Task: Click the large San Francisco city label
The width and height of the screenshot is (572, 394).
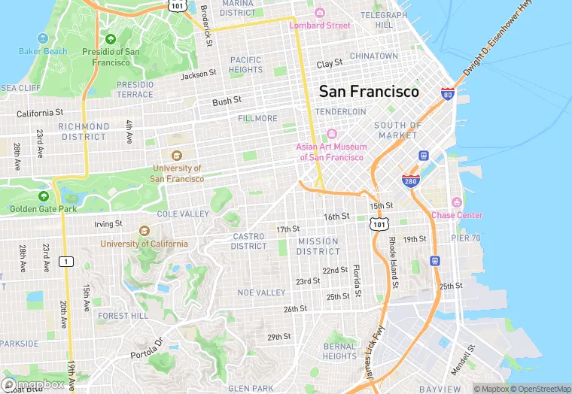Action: (369, 91)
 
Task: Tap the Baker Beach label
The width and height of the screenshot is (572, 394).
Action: (43, 52)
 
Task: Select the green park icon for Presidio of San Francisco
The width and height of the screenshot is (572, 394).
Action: (111, 39)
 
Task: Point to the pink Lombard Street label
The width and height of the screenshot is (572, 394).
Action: (320, 25)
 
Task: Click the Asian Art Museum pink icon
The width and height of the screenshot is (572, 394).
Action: (331, 133)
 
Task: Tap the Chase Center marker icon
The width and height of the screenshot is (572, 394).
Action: (456, 202)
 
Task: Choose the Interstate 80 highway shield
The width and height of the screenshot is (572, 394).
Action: (448, 95)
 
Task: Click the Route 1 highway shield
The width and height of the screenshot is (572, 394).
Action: (66, 261)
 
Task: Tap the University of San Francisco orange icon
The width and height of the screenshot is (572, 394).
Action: (177, 156)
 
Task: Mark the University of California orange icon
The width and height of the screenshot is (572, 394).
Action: (145, 231)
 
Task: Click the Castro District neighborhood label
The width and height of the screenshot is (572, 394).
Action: (248, 241)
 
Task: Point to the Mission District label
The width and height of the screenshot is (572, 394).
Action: (318, 247)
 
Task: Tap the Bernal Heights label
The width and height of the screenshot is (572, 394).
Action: (339, 351)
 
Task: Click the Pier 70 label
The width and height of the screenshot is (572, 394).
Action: (465, 238)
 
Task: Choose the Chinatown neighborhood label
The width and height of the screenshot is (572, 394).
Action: (373, 56)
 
